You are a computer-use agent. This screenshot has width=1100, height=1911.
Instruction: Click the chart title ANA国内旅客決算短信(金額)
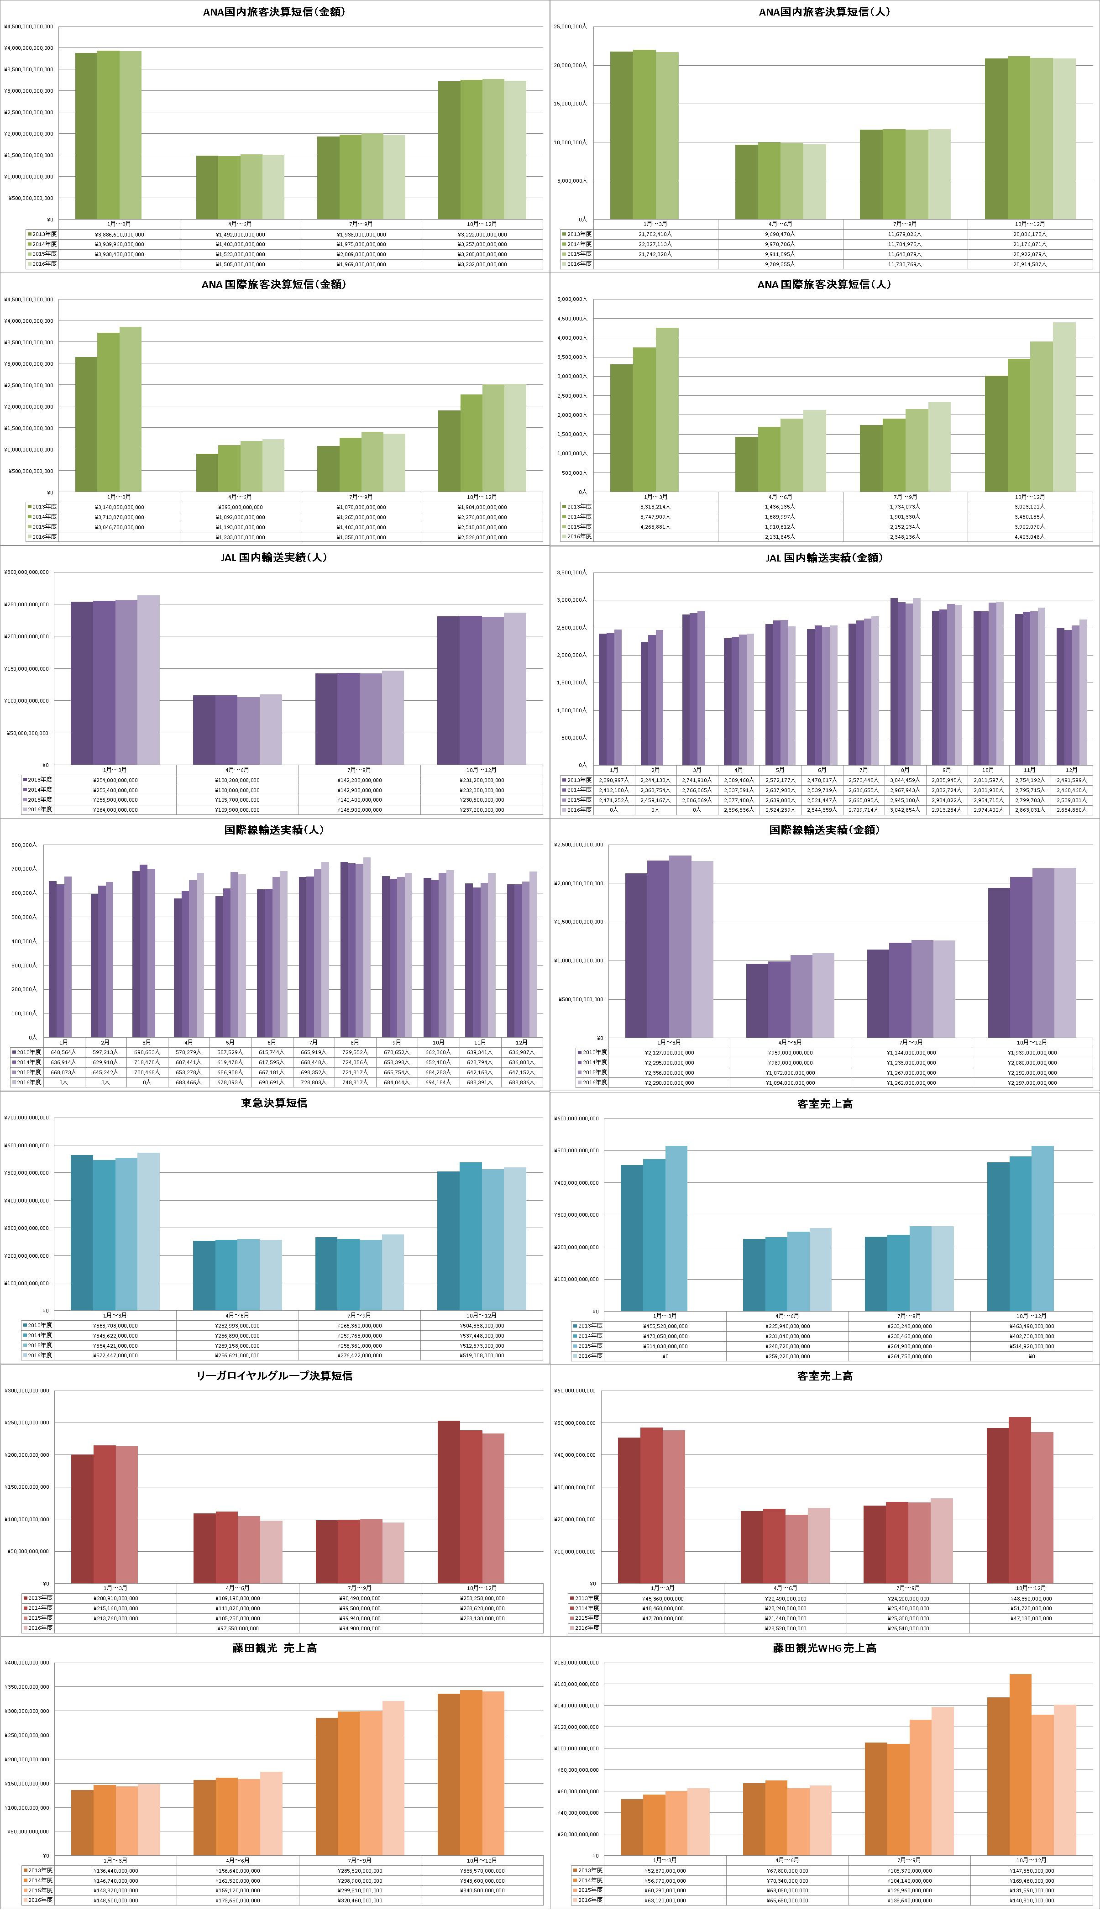pyautogui.click(x=274, y=12)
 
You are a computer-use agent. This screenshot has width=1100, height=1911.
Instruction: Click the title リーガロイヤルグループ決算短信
pyautogui.click(x=274, y=1375)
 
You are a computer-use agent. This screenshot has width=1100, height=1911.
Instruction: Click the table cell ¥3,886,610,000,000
pyautogui.click(x=120, y=234)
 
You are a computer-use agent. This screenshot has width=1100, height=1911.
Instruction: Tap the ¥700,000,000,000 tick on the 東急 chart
pyautogui.click(x=26, y=1118)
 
